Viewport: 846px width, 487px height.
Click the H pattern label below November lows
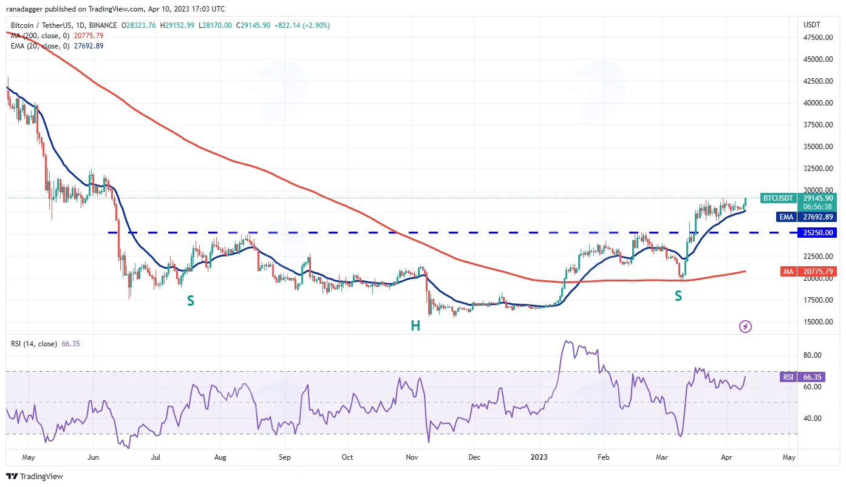coord(415,326)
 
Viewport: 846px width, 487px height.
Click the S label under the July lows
coord(191,301)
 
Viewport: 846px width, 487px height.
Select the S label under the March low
coord(678,296)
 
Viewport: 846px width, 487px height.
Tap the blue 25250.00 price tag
coord(817,233)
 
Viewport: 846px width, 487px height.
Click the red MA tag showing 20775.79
coord(808,272)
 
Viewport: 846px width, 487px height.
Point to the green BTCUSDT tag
coord(778,198)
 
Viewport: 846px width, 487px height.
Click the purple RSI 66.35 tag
coord(802,377)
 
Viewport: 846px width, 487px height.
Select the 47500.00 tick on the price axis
coord(817,38)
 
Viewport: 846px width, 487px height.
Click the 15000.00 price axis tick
coord(817,322)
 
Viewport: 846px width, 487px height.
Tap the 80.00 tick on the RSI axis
coord(812,355)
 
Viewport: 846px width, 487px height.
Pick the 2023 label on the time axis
coord(539,457)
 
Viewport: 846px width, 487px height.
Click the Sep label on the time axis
coord(285,457)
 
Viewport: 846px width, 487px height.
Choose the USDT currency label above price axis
coord(811,25)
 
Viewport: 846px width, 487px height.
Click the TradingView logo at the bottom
coord(35,477)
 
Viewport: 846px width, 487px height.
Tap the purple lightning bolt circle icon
coord(745,326)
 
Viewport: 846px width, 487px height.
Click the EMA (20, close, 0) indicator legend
coord(40,46)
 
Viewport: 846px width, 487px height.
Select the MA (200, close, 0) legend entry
coord(40,35)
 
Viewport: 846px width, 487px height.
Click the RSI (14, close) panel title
coord(34,344)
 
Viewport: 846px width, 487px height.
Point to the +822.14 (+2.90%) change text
coord(302,25)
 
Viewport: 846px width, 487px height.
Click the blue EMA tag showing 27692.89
coord(807,217)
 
